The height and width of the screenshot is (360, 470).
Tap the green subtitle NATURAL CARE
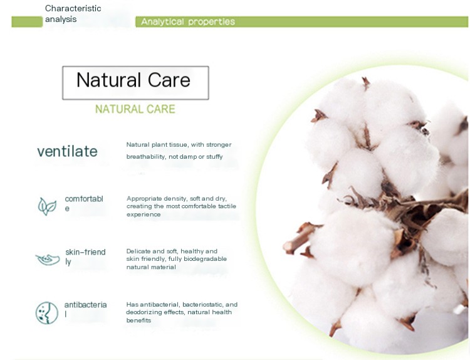point(135,109)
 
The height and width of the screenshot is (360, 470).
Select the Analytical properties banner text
point(188,22)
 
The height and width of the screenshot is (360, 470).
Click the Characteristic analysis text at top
point(73,14)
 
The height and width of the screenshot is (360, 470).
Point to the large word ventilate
point(67,151)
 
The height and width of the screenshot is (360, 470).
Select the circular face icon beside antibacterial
point(47,312)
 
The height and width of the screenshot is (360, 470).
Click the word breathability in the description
point(145,157)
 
